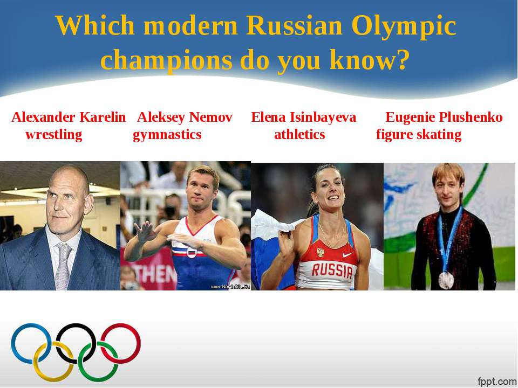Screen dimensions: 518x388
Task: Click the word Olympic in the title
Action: [x=404, y=27]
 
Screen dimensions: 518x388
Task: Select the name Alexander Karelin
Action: [x=69, y=117]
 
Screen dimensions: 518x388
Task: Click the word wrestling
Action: [x=54, y=135]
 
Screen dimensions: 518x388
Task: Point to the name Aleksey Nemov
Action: [x=185, y=117]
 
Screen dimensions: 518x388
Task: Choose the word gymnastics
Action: [x=167, y=135]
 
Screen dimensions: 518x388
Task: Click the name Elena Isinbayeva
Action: [x=304, y=117]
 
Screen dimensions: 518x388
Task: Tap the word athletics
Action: [x=299, y=135]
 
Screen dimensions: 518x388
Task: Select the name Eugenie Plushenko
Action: [x=444, y=117]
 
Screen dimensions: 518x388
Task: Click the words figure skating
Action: [x=419, y=135]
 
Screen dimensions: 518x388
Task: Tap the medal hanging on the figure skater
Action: [x=446, y=280]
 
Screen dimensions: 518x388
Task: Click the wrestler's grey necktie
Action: [x=63, y=266]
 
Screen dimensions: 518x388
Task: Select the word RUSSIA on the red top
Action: [x=332, y=271]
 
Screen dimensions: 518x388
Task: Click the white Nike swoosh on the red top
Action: [x=347, y=255]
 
